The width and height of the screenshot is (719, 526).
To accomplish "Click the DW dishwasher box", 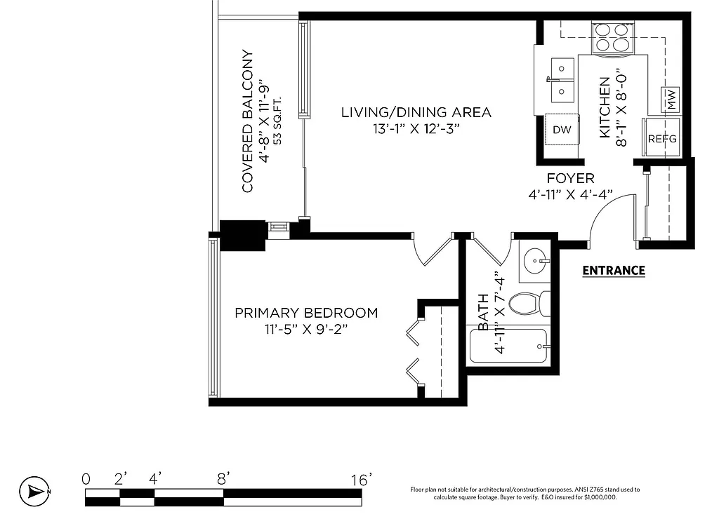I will [561, 130].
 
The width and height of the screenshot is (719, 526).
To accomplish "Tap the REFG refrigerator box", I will [661, 138].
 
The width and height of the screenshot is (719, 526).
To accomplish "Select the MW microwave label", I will [671, 100].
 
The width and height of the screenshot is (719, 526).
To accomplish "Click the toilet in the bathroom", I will [529, 303].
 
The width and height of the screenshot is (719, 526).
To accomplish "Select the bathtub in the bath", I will [508, 346].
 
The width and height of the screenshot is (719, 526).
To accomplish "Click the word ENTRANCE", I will [614, 270].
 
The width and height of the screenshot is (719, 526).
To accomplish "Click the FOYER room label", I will [570, 179].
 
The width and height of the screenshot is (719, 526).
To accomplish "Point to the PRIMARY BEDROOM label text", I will [306, 313].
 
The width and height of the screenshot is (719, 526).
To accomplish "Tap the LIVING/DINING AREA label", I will [416, 112].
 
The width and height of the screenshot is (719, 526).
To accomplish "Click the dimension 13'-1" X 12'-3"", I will [416, 129].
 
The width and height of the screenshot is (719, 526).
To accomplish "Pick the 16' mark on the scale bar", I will [361, 480].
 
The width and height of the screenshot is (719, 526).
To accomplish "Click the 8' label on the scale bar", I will [223, 480].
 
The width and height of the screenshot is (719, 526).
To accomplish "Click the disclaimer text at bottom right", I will [525, 493].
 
